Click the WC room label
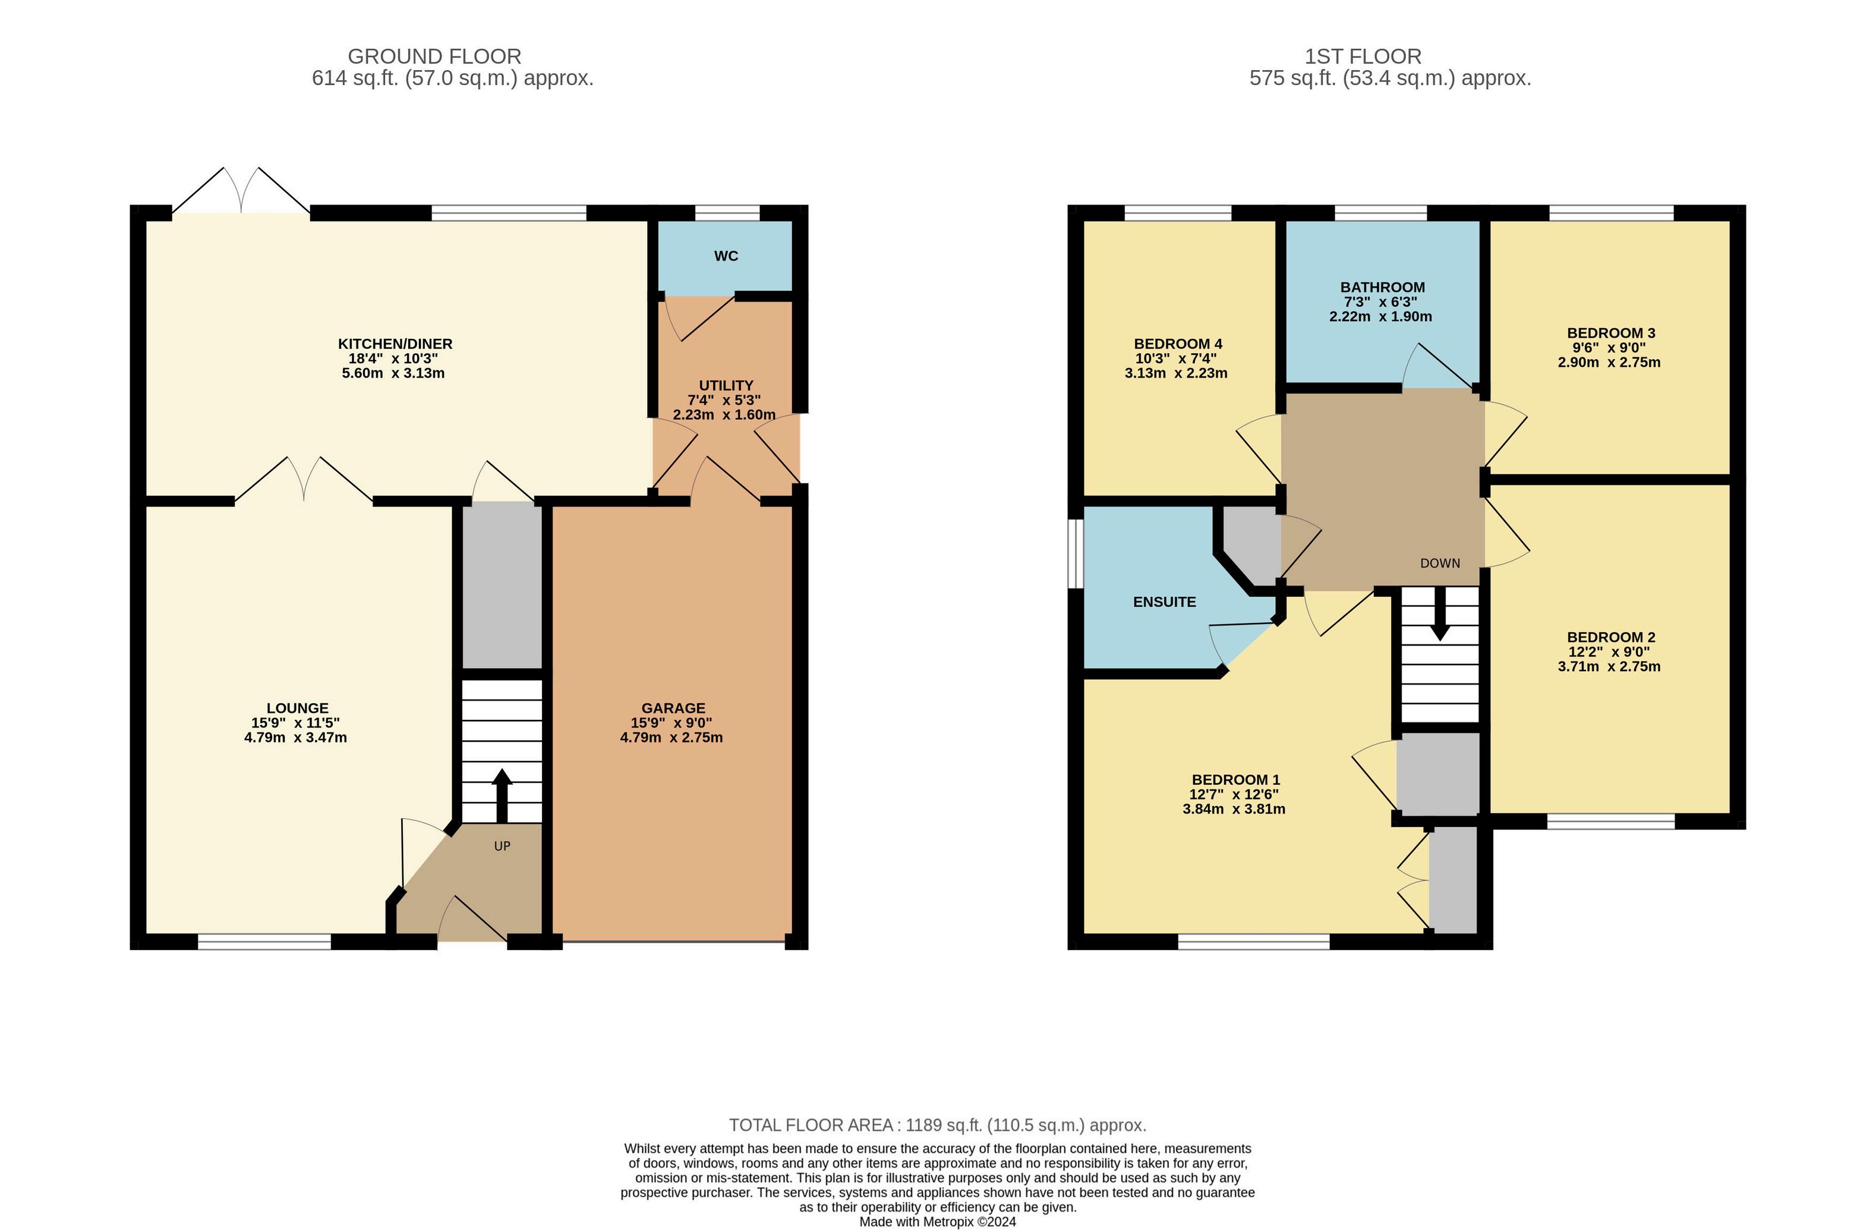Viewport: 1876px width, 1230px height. (x=726, y=256)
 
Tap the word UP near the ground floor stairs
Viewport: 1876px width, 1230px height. (x=502, y=846)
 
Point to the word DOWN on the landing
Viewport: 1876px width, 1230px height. (x=1440, y=563)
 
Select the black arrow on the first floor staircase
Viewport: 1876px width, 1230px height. (x=1439, y=614)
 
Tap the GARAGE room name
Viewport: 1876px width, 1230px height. (x=673, y=708)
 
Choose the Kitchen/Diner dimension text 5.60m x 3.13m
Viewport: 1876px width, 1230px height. (x=393, y=373)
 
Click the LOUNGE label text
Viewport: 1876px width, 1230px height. (x=297, y=708)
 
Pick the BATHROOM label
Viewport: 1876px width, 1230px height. (x=1383, y=288)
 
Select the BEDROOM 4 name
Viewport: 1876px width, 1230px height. (x=1178, y=344)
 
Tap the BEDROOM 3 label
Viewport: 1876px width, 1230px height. (x=1611, y=333)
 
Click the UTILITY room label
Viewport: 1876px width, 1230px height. (x=726, y=386)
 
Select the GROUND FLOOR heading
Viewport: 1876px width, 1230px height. (x=434, y=56)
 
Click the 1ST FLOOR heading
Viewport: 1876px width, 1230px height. (x=1363, y=56)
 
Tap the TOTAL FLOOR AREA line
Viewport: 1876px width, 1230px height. (x=937, y=1125)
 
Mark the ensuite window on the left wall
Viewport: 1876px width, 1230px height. (x=1075, y=553)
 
